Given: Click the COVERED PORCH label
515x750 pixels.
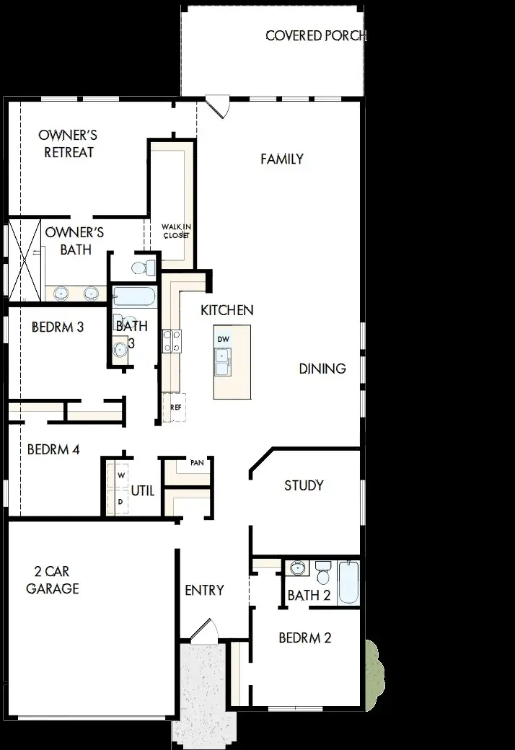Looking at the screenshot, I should [315, 35].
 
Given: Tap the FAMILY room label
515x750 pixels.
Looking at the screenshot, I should [282, 159].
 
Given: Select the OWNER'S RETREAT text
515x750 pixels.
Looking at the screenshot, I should [69, 144].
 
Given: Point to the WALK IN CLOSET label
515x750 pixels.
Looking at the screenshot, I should [176, 231].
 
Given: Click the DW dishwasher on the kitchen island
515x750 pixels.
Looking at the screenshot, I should [224, 339].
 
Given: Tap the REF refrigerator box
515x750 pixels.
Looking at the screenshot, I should [175, 407].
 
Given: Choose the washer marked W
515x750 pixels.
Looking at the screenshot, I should [120, 476].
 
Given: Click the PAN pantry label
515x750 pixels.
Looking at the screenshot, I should [196, 463].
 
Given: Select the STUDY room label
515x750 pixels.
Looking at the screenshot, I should [304, 485].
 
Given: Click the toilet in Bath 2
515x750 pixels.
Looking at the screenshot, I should [322, 574].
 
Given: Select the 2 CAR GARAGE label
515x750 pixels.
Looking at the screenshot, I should [53, 580].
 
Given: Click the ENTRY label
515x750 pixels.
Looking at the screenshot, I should [204, 591].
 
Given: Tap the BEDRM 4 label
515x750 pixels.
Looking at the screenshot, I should [53, 450].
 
